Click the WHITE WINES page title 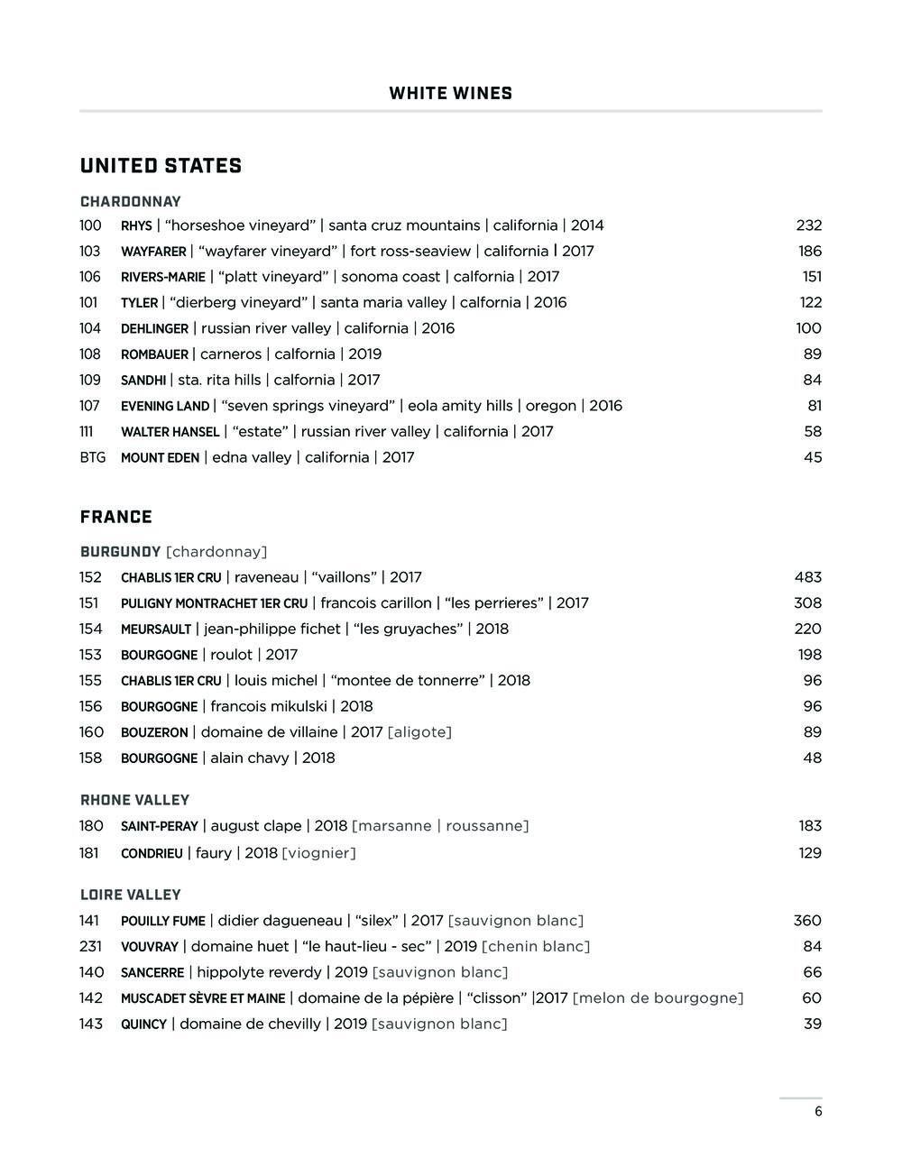pos(450,94)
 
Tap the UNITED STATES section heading pos(161,166)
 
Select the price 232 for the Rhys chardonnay pos(808,225)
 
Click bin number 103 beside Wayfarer pos(89,252)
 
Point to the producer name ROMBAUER pos(154,354)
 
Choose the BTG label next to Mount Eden pos(92,458)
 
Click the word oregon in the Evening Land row pos(550,406)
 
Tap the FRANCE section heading pos(115,517)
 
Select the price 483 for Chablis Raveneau pos(807,577)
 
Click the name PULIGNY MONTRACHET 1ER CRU pos(214,603)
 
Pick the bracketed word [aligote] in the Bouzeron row pos(419,732)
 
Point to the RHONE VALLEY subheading pos(134,800)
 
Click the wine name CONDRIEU pos(152,853)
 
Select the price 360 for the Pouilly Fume pos(807,921)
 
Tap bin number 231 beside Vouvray pos(90,947)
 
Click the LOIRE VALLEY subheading pos(130,895)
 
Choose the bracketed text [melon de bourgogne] pos(658,998)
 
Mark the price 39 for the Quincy pos(812,1025)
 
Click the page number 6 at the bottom pos(818,1112)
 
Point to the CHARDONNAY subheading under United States pos(130,202)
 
